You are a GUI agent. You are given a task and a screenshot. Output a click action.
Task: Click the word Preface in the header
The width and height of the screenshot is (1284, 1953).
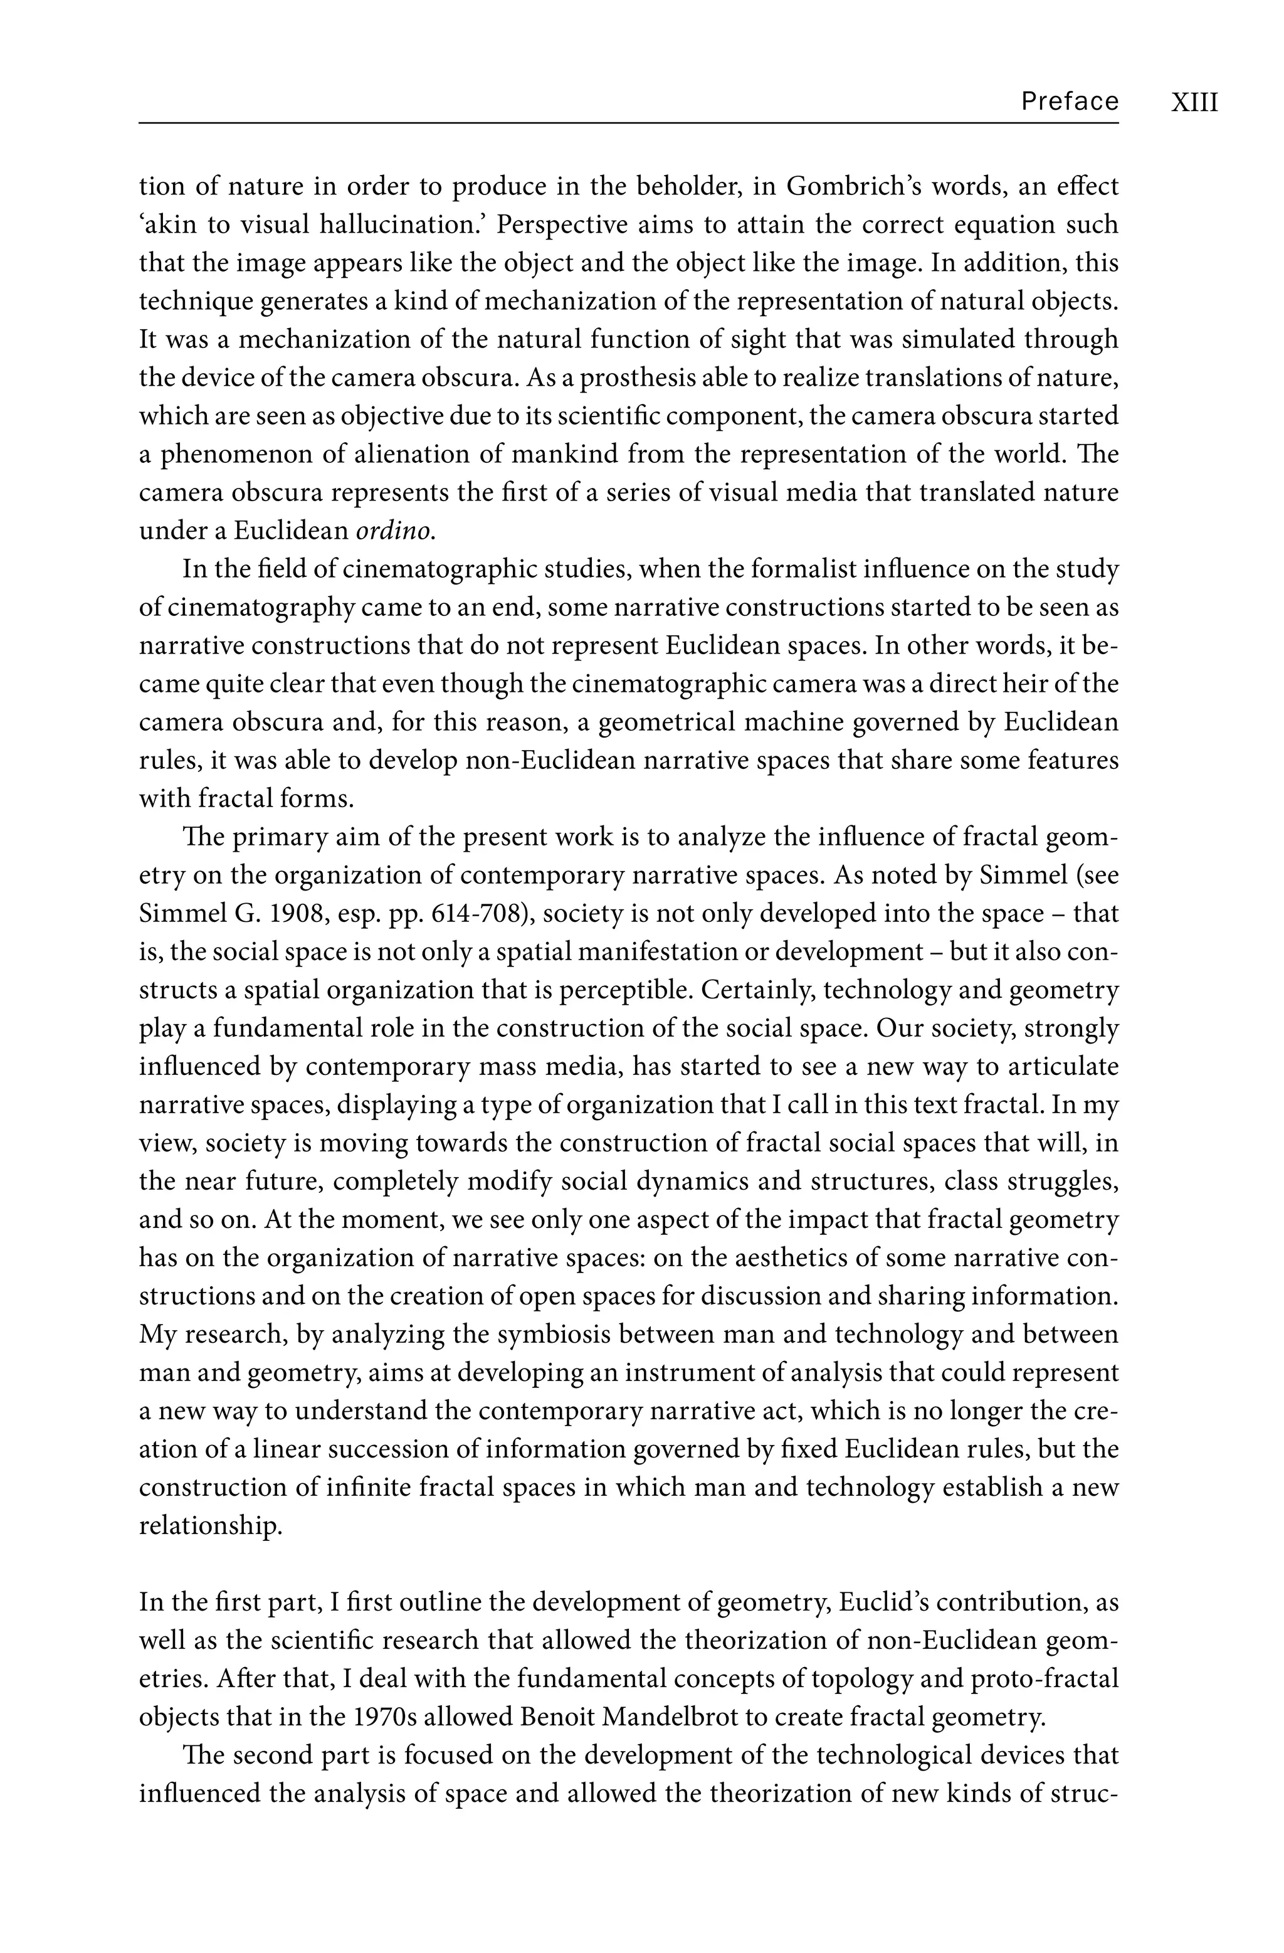(1069, 101)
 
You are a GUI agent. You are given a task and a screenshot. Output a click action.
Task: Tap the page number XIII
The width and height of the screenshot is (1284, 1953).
(1194, 102)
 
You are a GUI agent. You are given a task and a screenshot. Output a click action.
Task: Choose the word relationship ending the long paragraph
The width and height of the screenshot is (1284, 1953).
(210, 1527)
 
